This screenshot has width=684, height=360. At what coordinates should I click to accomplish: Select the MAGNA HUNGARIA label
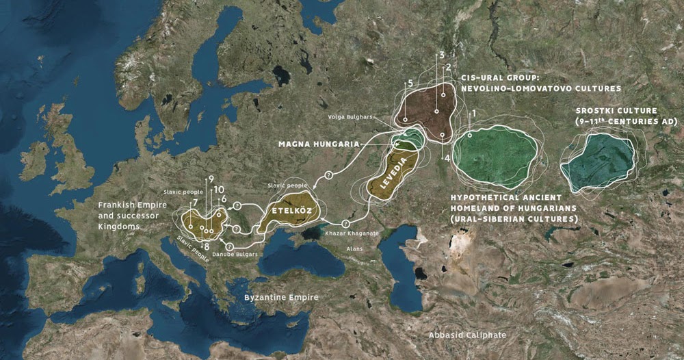click(x=319, y=144)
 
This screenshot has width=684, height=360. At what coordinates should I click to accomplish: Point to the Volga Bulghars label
click(x=369, y=117)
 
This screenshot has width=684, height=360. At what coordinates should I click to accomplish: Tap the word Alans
click(x=354, y=249)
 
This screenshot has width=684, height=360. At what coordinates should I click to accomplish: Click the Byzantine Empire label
click(x=278, y=298)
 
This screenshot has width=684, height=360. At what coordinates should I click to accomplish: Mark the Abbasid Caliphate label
click(x=467, y=335)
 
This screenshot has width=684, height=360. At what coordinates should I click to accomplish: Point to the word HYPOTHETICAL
click(x=486, y=196)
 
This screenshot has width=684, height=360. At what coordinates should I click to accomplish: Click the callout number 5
click(x=410, y=83)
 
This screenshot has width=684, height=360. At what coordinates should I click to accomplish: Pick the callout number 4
click(x=447, y=158)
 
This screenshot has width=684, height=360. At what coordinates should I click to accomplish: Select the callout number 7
click(x=196, y=203)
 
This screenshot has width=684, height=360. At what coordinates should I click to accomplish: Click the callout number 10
click(x=219, y=189)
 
